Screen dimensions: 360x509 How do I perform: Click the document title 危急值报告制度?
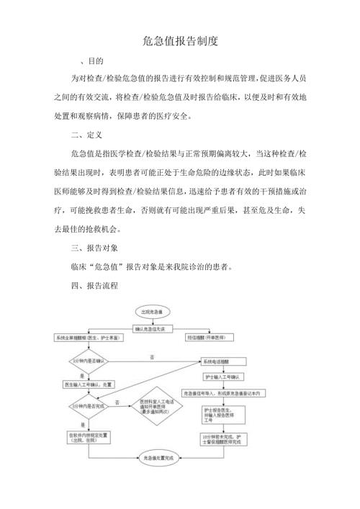[x=180, y=42]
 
